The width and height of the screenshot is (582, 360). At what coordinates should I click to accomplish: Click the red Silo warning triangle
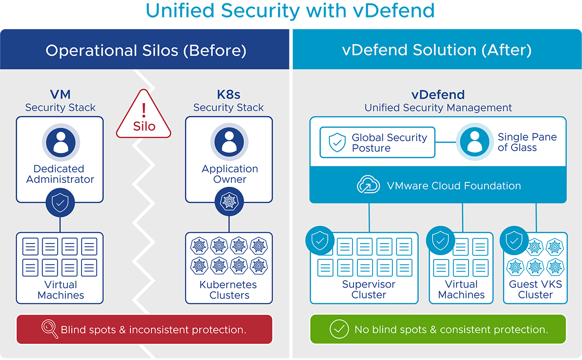pos(144,117)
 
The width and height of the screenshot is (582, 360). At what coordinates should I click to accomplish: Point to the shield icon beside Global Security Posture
pos(337,143)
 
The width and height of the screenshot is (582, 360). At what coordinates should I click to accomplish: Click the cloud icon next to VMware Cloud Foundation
pos(368,185)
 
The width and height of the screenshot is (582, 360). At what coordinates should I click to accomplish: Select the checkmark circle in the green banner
pos(339,329)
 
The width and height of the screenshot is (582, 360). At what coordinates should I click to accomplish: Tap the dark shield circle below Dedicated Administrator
pos(60,203)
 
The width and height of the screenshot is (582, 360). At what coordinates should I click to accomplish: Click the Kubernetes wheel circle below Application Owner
pos(229,203)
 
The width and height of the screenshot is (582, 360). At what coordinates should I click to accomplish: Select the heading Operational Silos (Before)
pos(145,50)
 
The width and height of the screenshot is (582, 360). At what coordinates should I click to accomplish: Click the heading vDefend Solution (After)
pos(436,50)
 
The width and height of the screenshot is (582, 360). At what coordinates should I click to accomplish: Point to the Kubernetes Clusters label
pos(228,290)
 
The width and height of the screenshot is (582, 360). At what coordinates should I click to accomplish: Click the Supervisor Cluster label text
pos(369,289)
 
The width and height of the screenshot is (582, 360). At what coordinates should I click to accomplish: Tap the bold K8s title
pos(228,95)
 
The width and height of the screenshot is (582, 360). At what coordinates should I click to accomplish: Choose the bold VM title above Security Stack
pos(60,95)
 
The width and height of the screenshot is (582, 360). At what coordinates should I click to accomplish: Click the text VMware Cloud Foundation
pos(453,185)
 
